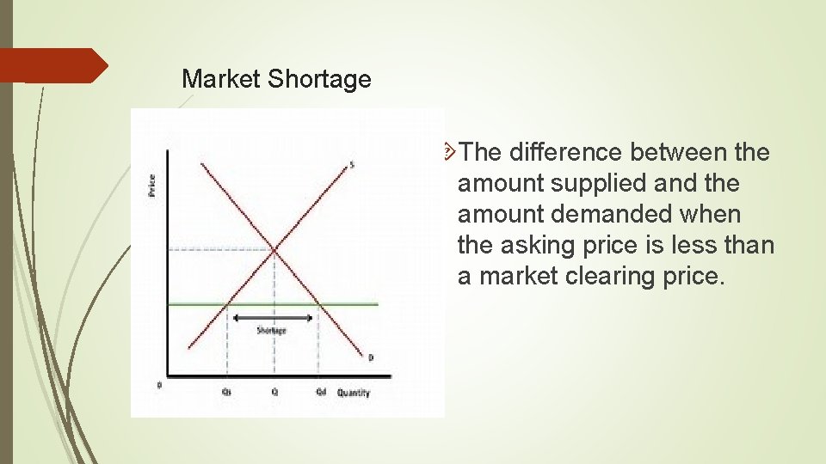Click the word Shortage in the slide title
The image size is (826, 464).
coord(319,80)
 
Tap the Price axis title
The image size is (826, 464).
coord(151,185)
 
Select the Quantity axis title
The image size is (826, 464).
coord(354,393)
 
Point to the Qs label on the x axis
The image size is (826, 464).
coord(226,393)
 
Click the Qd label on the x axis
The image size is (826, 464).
coord(320,393)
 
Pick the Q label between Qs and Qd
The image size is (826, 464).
coord(274,393)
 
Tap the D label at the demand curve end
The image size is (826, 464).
coord(371,357)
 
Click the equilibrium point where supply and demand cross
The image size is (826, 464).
coord(274,250)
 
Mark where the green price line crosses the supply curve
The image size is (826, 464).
coord(228,304)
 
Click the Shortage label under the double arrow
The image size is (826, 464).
coord(272,331)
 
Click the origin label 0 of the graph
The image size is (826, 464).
coord(158,385)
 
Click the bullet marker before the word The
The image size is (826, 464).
coord(449,152)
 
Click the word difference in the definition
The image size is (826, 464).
coord(566,153)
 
